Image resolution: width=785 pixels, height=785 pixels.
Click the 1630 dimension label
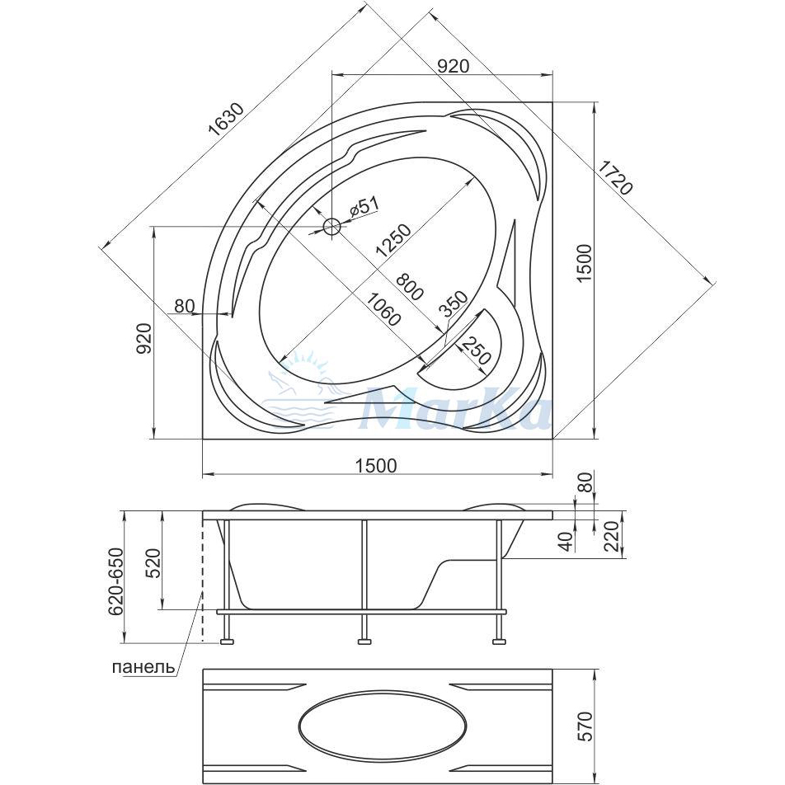click(227, 120)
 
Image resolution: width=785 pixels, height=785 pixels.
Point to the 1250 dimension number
click(394, 241)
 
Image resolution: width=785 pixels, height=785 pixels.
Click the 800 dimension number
click(410, 286)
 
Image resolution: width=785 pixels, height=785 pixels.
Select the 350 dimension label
click(453, 304)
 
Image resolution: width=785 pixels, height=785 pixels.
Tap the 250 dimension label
click(474, 350)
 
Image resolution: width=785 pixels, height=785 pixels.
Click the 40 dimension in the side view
click(565, 541)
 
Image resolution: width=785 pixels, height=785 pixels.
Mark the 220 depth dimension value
click(612, 537)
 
